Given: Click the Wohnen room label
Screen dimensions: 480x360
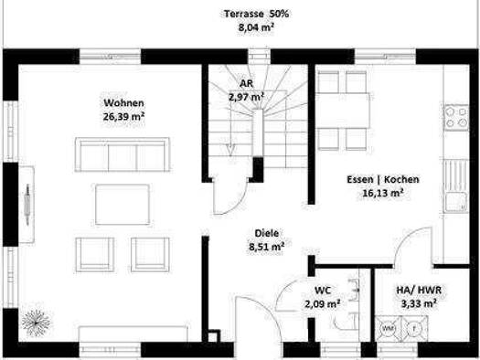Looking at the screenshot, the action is coord(123,102).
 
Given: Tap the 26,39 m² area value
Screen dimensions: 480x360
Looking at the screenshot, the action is coord(123,116).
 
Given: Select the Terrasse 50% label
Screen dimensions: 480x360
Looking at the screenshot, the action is coord(256,14).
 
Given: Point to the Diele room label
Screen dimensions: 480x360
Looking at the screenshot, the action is coord(267,233).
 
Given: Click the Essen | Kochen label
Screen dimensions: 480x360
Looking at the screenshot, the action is coord(383,179).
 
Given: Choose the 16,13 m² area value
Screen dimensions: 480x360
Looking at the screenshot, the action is coord(383,193).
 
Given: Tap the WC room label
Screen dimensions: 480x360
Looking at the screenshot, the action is coord(323,290).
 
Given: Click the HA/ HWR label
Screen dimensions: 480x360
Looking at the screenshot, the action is coord(419,290).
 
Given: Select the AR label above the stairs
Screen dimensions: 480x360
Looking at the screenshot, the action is coord(247,83).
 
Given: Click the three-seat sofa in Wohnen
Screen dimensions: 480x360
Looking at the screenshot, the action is coord(123,154).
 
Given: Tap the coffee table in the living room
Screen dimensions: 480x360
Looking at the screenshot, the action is coord(123,205).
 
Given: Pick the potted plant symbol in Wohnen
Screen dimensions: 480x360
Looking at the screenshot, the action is coord(37,323).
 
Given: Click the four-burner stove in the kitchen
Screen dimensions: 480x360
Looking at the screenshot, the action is coord(456,118).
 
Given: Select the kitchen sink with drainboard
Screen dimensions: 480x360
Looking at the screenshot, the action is coord(456,185).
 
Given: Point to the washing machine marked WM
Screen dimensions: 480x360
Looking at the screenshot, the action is coord(389,329).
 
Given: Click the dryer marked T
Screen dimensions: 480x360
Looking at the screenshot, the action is coord(414,329).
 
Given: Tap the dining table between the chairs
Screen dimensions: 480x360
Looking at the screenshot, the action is coord(343,111).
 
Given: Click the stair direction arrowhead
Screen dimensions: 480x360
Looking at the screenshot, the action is coord(230,149).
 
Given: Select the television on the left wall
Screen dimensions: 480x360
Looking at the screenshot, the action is coord(27,205).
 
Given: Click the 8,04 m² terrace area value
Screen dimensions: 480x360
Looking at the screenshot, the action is coord(256,27).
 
